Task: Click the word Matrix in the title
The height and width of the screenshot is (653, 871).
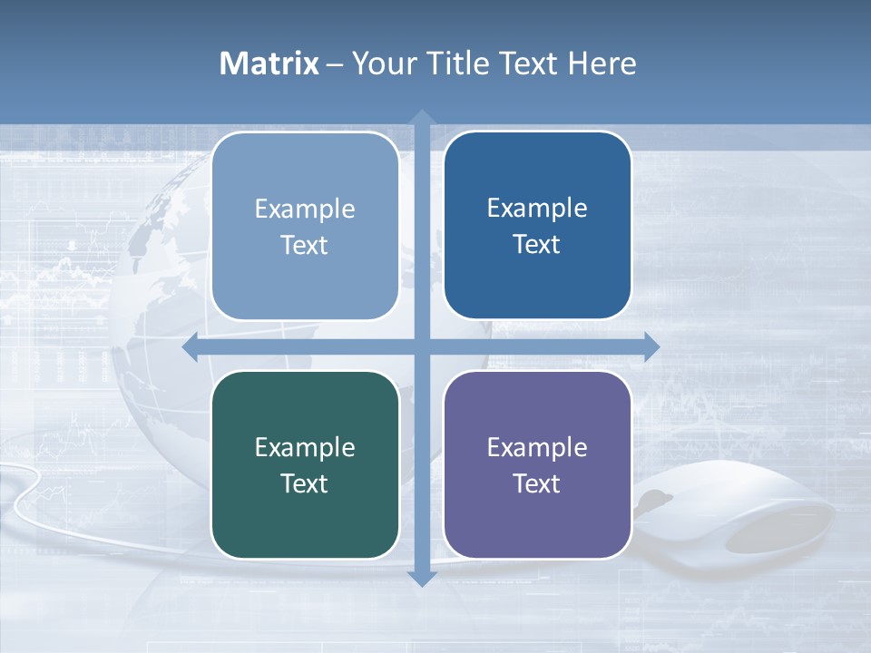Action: pyautogui.click(x=269, y=63)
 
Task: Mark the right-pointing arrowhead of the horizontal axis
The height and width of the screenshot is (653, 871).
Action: pyautogui.click(x=651, y=346)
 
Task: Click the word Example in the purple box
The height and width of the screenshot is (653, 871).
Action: pyautogui.click(x=537, y=447)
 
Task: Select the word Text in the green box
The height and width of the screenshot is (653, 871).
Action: pyautogui.click(x=305, y=483)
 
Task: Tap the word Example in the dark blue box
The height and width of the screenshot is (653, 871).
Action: pyautogui.click(x=537, y=208)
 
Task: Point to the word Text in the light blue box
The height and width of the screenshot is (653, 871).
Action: pyautogui.click(x=305, y=245)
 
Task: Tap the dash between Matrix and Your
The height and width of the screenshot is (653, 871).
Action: pyautogui.click(x=335, y=64)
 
